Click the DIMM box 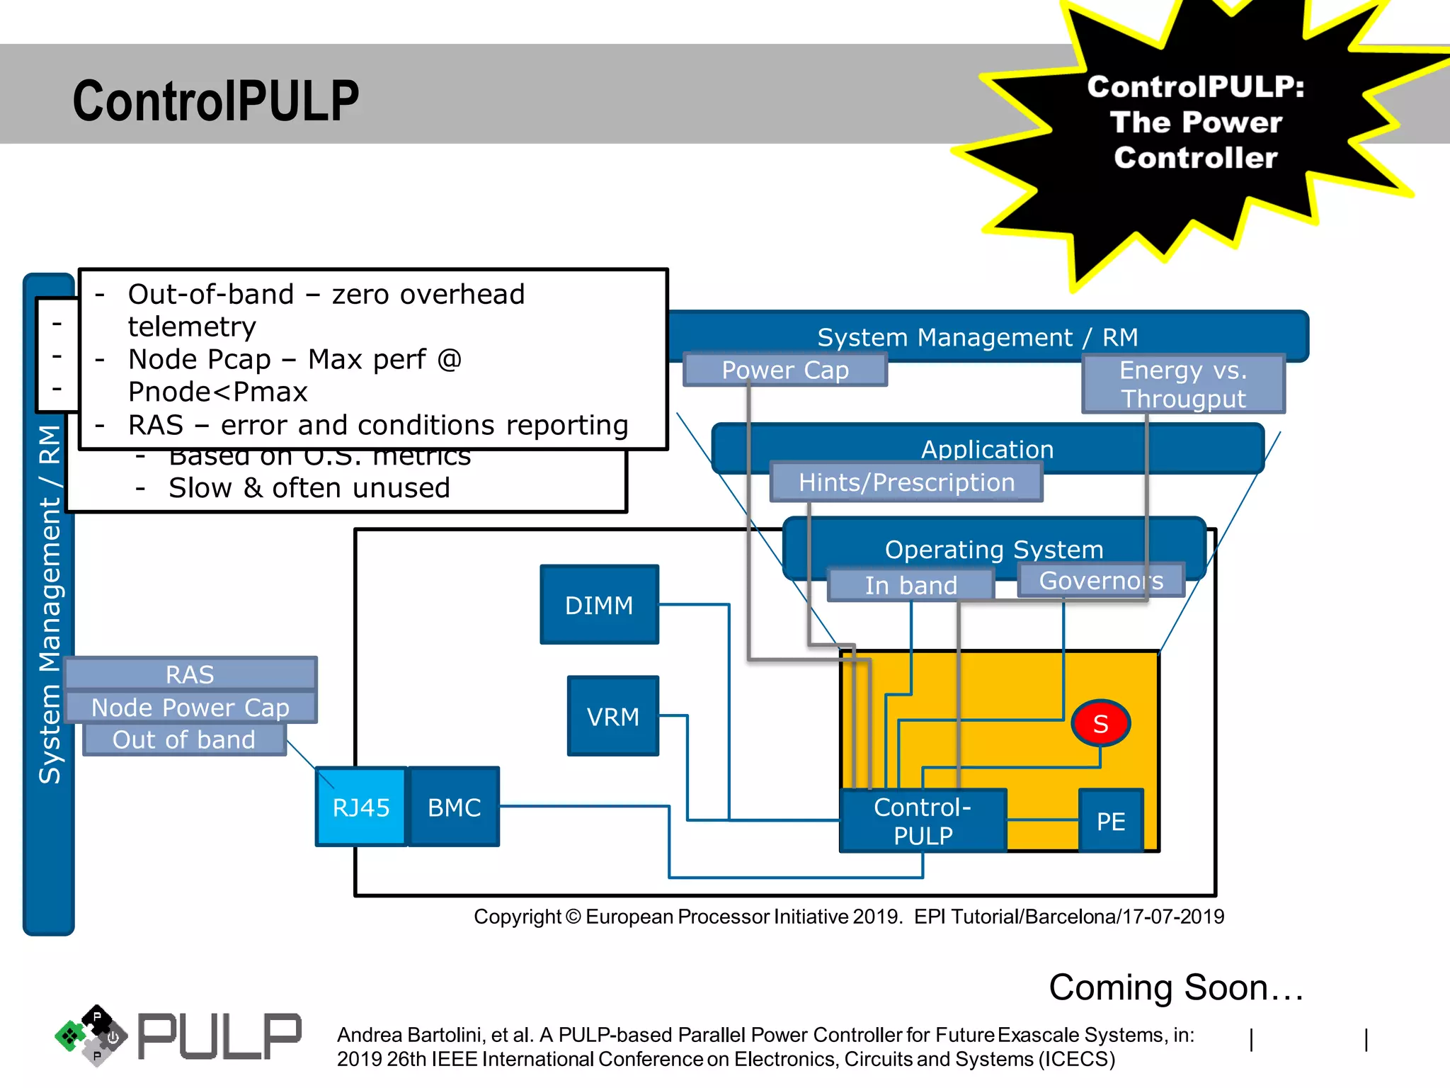(x=599, y=605)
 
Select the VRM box (x=613, y=716)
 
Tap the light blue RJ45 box (x=361, y=807)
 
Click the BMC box (x=455, y=807)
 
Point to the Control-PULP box (x=923, y=821)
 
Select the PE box (x=1111, y=821)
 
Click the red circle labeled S (x=1100, y=723)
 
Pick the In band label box (x=910, y=585)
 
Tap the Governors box (x=1101, y=580)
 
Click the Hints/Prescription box (x=906, y=482)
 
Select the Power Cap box (x=785, y=370)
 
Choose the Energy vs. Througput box (x=1183, y=384)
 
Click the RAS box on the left (x=190, y=674)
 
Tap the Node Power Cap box (x=190, y=707)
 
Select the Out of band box (x=184, y=739)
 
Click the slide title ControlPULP (x=216, y=101)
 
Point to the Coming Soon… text (x=1176, y=987)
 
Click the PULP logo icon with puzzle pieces (x=91, y=1036)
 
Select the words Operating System (x=994, y=549)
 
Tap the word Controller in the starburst (x=1195, y=157)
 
